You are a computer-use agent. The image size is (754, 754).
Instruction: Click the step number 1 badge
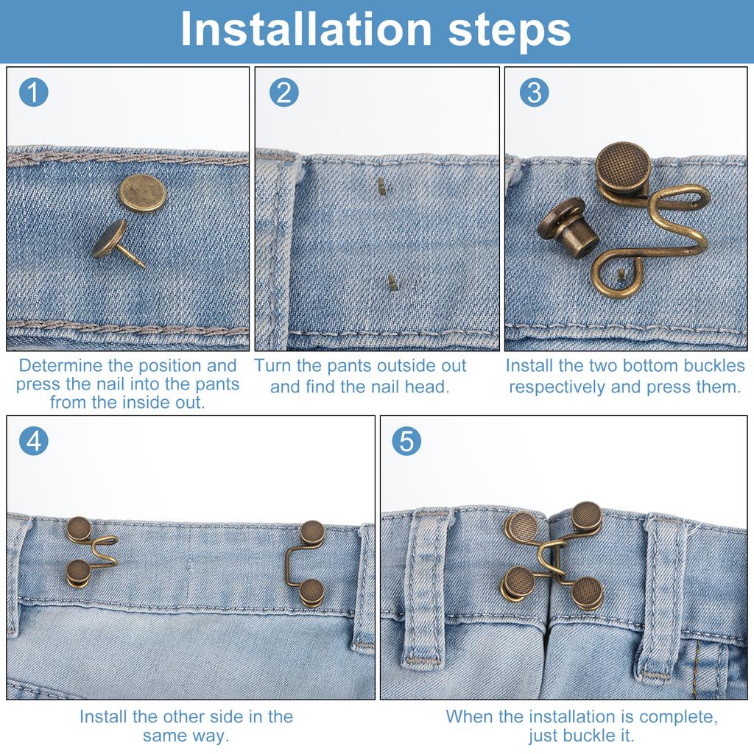pos(33,93)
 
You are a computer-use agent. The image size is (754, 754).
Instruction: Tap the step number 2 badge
pos(283,93)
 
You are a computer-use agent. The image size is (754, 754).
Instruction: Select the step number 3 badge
pos(534,93)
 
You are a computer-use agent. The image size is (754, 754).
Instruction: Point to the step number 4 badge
pos(33,440)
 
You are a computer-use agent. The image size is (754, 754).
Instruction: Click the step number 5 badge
pos(406,440)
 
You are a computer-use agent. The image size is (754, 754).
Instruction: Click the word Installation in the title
pos(306,29)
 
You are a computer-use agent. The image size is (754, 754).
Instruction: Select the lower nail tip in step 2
pos(392,281)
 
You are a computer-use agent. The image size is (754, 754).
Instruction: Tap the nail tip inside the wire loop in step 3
pos(622,275)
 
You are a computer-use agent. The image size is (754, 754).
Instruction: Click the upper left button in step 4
pos(79,529)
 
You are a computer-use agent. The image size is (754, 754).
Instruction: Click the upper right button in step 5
pos(587,515)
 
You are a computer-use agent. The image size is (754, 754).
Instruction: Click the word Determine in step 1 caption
pos(61,366)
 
